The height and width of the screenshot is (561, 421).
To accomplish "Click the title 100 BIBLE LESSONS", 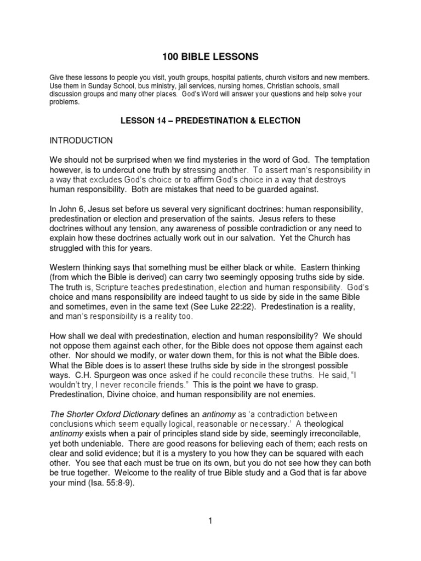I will coord(210,56).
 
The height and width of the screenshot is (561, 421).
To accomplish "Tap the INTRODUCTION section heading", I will coord(81,141).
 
